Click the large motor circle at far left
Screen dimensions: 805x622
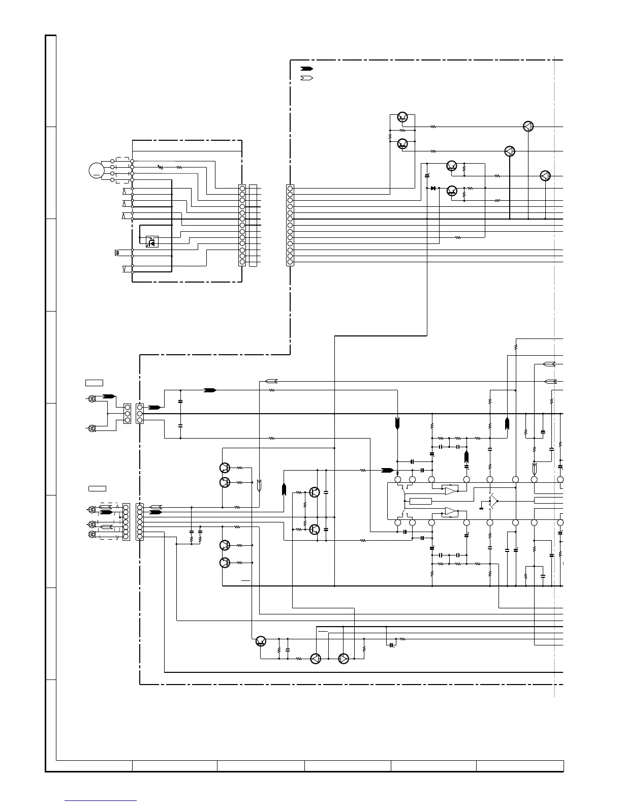point(96,170)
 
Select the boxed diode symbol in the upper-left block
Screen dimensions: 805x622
point(152,242)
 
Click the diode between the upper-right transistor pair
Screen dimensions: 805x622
point(433,188)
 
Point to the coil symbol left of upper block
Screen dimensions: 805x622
point(118,252)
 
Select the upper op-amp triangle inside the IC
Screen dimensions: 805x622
point(450,490)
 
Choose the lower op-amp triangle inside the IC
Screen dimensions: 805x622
point(450,511)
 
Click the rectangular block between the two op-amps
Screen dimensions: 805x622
point(420,501)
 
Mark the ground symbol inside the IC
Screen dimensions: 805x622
point(481,507)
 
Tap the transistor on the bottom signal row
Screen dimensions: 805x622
point(261,641)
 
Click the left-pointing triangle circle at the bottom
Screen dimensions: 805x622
point(316,659)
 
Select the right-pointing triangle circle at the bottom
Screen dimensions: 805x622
point(344,659)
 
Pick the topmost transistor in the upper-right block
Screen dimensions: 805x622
point(402,117)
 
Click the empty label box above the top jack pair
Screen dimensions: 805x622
point(94,382)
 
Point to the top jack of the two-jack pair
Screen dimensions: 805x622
point(92,399)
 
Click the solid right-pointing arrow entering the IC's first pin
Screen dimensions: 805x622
point(387,470)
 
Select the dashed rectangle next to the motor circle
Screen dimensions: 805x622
point(122,170)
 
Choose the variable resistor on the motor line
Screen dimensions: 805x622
point(161,167)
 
